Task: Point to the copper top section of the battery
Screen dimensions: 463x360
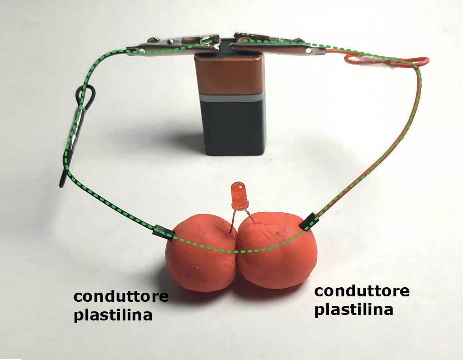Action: coord(229,75)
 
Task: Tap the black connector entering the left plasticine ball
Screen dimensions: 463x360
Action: coord(163,232)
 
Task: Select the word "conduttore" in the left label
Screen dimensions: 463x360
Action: coord(121,297)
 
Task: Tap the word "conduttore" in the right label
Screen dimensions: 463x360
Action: coord(362,291)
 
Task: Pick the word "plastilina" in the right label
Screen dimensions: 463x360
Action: coord(353,310)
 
